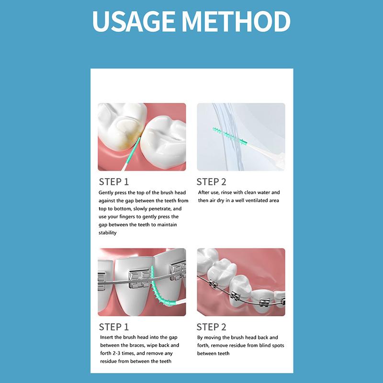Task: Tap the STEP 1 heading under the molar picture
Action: tap(114, 181)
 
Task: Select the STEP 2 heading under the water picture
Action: tap(212, 181)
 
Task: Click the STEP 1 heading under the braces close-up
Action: tap(114, 327)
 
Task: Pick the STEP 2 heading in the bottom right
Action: tap(212, 327)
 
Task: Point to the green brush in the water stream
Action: tap(230, 135)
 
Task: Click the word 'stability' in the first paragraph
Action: tap(108, 233)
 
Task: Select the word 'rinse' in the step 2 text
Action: tap(228, 192)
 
